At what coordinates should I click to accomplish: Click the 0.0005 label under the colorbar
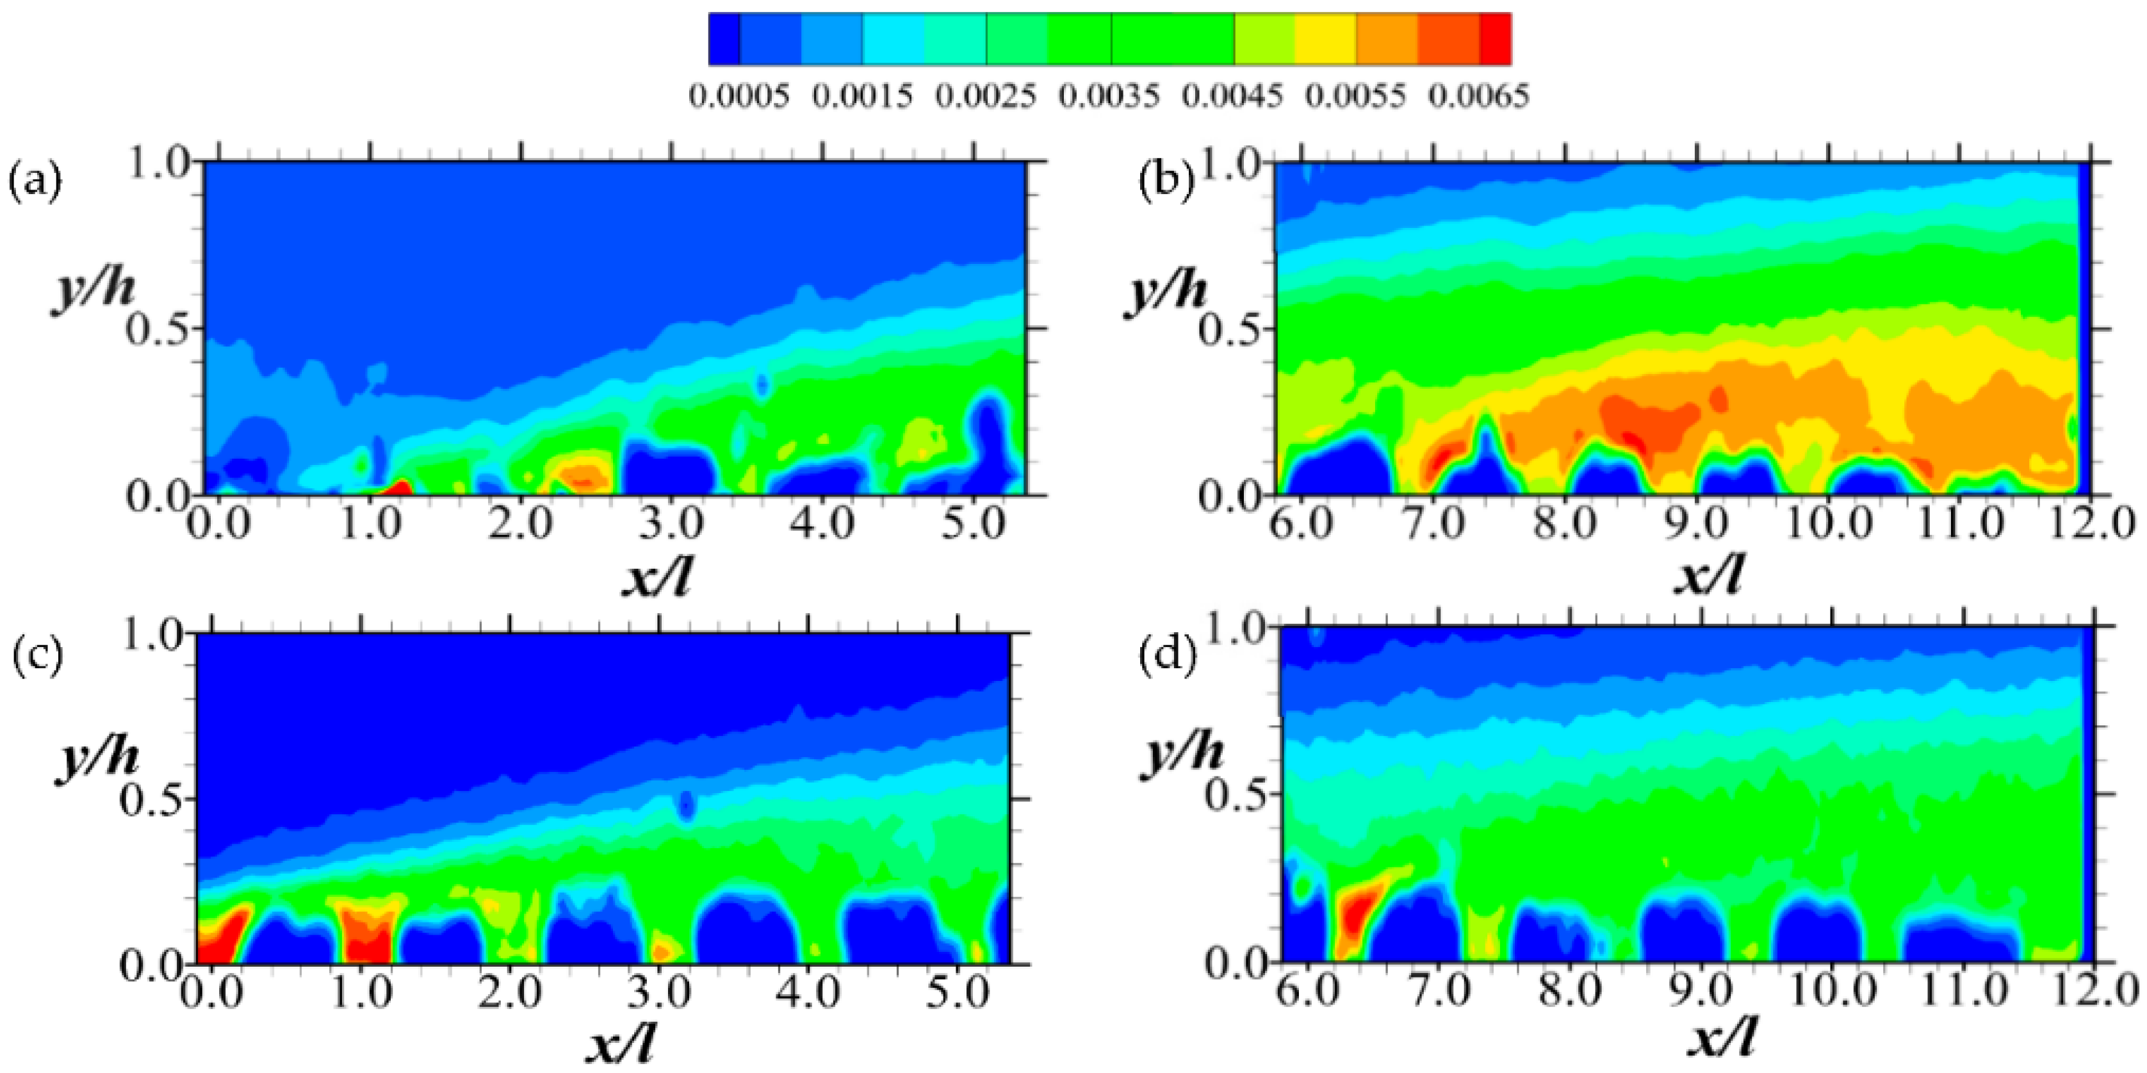tap(739, 96)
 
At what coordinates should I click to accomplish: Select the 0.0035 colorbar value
tap(1109, 96)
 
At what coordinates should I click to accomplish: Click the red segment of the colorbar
tap(1495, 38)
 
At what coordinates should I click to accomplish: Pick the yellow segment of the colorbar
tap(1325, 38)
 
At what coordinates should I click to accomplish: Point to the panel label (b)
tap(1166, 182)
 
